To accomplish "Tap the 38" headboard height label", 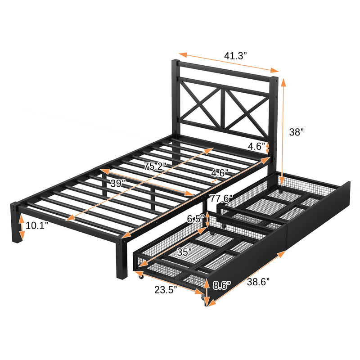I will (x=296, y=132).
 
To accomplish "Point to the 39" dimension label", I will (x=118, y=183).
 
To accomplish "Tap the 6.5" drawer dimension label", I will (x=195, y=219).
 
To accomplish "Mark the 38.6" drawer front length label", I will (x=258, y=282).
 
